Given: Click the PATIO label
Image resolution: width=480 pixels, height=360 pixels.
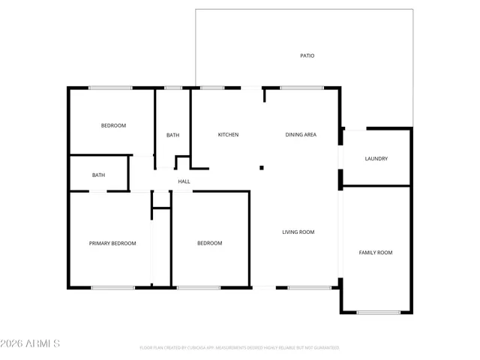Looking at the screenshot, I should click(307, 55).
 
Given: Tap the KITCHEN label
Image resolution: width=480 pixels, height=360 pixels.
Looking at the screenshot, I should click(228, 135).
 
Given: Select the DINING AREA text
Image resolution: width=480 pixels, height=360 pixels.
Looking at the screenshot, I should click(301, 135).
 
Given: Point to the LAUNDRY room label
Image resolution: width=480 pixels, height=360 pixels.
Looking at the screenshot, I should click(376, 159).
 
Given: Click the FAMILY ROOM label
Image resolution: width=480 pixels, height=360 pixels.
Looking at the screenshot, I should click(376, 253).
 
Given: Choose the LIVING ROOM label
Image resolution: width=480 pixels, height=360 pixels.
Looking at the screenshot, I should click(298, 232).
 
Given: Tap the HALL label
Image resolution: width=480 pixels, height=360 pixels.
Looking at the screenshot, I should click(184, 181).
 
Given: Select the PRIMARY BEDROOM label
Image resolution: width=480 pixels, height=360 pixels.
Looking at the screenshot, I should click(112, 243).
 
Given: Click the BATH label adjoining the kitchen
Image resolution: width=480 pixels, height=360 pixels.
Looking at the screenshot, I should click(172, 136).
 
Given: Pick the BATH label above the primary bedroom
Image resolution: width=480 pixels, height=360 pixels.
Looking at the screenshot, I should click(98, 175).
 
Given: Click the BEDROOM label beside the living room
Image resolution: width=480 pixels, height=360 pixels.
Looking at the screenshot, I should click(209, 243).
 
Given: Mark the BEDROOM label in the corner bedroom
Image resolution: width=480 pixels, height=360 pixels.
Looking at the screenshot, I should click(113, 125).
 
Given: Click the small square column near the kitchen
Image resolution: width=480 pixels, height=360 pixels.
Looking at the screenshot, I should click(261, 168).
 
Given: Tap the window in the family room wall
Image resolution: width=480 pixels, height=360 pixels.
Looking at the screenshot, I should click(378, 312).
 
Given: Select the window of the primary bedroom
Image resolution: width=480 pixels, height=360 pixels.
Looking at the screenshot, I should click(112, 287).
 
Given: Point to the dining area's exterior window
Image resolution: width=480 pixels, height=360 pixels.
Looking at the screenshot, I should click(301, 88).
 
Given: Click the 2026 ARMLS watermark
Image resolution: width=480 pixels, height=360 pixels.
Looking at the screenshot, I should click(31, 343).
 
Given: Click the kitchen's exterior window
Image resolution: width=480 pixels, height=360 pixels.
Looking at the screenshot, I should click(212, 88).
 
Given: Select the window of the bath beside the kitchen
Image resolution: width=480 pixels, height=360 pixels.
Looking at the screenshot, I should click(173, 88).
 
